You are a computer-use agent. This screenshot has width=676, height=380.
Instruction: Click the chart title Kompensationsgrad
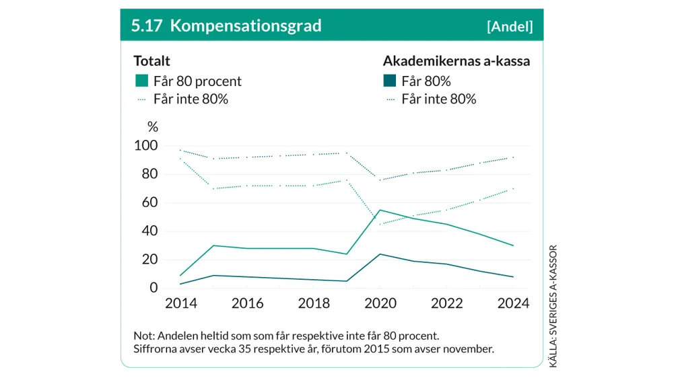pyautogui.click(x=246, y=26)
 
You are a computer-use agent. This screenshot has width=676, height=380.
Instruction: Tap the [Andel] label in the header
pyautogui.click(x=510, y=26)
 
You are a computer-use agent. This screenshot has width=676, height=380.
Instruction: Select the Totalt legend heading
pyautogui.click(x=151, y=61)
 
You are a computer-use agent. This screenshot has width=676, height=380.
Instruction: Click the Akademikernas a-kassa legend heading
pyautogui.click(x=457, y=61)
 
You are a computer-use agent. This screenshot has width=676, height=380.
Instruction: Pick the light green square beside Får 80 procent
pyautogui.click(x=141, y=81)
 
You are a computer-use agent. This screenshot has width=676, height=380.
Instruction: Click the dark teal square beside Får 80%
pyautogui.click(x=389, y=81)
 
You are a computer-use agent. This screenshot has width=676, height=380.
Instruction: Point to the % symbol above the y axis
pyautogui.click(x=153, y=126)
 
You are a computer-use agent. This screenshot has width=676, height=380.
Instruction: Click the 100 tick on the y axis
pyautogui.click(x=146, y=146)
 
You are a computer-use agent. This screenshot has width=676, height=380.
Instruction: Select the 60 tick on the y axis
pyautogui.click(x=149, y=202)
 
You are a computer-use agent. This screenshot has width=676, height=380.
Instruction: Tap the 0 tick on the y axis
pyautogui.click(x=154, y=288)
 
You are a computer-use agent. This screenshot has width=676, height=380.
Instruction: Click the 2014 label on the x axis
pyautogui.click(x=181, y=303)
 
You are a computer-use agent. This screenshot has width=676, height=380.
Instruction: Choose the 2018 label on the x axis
pyautogui.click(x=313, y=303)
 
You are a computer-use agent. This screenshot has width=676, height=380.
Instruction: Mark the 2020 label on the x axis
pyautogui.click(x=380, y=303)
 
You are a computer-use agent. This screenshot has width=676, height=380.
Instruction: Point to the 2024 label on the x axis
pyautogui.click(x=513, y=303)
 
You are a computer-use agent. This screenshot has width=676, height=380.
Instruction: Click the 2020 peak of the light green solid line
pyautogui.click(x=380, y=210)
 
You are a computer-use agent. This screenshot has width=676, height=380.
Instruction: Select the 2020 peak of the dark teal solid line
pyautogui.click(x=380, y=254)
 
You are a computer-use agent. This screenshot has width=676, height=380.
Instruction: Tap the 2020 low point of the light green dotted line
pyautogui.click(x=380, y=224)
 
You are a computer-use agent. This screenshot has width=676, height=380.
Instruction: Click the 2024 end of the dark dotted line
pyautogui.click(x=513, y=157)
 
